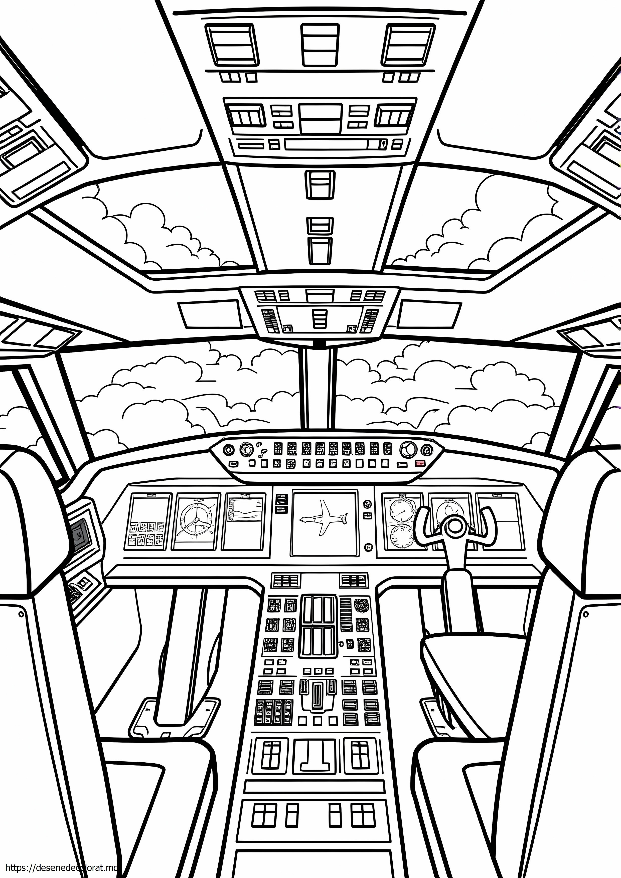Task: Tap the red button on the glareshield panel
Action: point(420,464)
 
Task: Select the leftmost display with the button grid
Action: point(149,522)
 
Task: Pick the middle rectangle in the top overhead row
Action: point(320,45)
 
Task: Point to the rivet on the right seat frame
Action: point(586,615)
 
